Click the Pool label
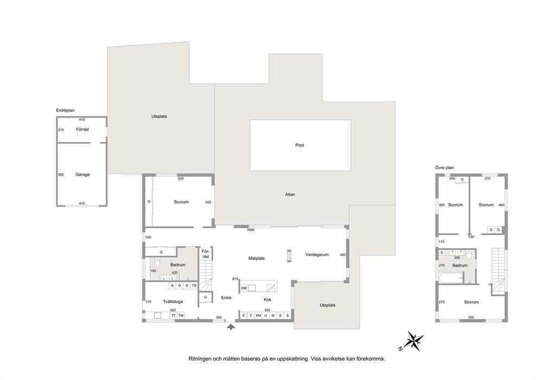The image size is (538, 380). [x=299, y=145]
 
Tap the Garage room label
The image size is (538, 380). [x=82, y=174]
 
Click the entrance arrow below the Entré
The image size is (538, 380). [x=231, y=327]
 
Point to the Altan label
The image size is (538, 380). [x=290, y=195]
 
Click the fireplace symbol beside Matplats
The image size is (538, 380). [x=289, y=256]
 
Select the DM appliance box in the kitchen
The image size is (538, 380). [x=244, y=288]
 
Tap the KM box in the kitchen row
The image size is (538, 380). [x=258, y=315]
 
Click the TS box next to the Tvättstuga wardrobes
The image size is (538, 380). [x=194, y=285]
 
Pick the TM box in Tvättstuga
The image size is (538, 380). [x=181, y=315]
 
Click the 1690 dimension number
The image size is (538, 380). [x=251, y=230]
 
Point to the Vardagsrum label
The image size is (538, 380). [x=317, y=254]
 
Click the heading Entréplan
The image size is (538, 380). [x=65, y=111]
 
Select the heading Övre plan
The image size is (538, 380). [x=444, y=168]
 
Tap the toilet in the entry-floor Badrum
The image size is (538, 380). [x=157, y=262]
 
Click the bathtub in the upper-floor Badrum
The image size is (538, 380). [x=451, y=278]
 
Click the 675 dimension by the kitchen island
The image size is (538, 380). [x=235, y=279]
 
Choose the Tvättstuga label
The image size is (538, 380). [x=173, y=302]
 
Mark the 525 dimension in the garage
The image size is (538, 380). [x=61, y=175]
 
